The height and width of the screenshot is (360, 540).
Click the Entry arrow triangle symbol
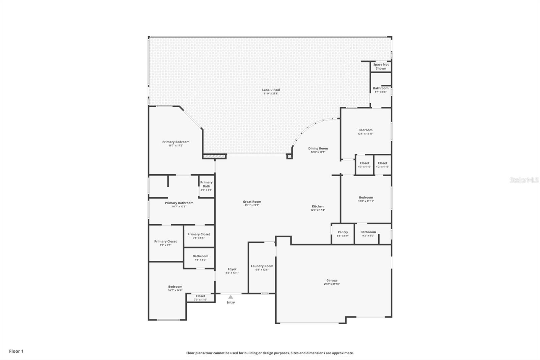coord(231,297)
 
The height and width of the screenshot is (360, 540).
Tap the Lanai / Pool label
coord(271,90)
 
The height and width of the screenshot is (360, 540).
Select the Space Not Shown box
coord(381,67)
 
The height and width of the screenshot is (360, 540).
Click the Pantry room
coord(343,234)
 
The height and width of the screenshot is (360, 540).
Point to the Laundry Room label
coord(262,266)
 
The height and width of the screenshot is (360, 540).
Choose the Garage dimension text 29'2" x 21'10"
coord(332,284)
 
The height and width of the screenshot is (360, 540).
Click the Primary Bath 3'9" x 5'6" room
coord(207,186)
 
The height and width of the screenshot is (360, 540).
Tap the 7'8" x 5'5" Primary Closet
coord(199,236)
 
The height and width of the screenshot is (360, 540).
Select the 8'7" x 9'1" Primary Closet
coord(165,243)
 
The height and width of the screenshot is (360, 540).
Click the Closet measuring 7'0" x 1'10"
coord(200,298)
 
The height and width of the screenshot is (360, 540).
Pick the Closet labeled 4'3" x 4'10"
coord(364,165)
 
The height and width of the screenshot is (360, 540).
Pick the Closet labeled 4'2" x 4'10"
coord(382,165)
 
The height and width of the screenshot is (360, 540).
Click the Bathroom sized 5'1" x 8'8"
coord(381,90)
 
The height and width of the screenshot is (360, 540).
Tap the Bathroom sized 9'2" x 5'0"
coord(368,234)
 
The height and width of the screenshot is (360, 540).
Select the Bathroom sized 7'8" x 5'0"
coord(200,258)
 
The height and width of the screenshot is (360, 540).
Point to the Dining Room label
coord(318,148)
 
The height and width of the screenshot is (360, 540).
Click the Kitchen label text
coord(318,206)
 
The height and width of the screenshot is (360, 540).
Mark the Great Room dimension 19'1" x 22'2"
coord(252,205)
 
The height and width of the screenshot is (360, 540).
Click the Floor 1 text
coord(16,351)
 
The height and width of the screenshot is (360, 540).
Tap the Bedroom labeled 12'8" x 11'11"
coord(366,199)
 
